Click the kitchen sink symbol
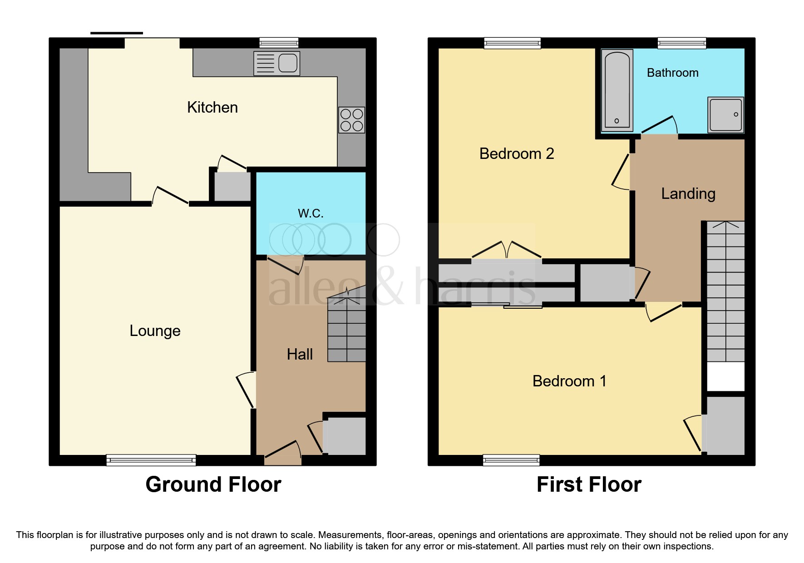(276, 63)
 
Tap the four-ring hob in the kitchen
(351, 120)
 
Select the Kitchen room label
(212, 108)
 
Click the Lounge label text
(155, 331)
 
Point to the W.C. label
(311, 213)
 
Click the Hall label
(300, 354)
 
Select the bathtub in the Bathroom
(617, 91)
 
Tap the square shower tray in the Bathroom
(725, 114)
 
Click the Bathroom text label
(672, 73)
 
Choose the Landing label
(688, 194)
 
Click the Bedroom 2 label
(516, 153)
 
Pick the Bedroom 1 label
(569, 381)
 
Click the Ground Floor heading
(213, 484)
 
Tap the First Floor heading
(589, 484)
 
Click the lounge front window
(151, 460)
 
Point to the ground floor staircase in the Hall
(347, 329)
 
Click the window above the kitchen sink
(279, 43)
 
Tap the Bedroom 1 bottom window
(511, 460)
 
